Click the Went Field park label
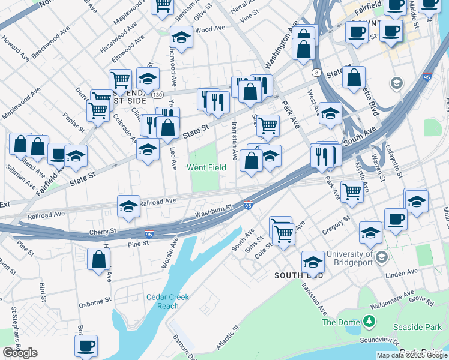tap(206, 167)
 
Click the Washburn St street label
tap(212, 211)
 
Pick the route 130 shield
tap(157, 95)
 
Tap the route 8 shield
tap(315, 73)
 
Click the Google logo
tap(20, 353)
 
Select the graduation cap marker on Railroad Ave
tap(128, 206)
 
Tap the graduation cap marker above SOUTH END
tap(313, 262)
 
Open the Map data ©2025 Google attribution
tap(412, 355)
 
